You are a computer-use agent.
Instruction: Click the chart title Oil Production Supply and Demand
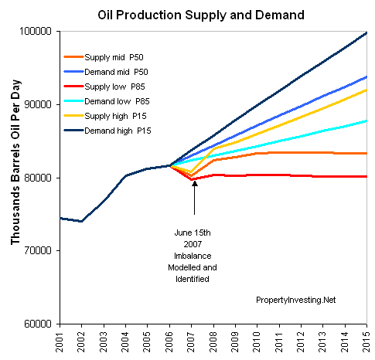pyautogui.click(x=201, y=15)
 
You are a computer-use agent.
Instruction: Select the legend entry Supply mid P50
pyautogui.click(x=104, y=57)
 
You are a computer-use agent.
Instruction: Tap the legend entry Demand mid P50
pyautogui.click(x=106, y=72)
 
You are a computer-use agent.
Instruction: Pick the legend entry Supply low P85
pyautogui.click(x=104, y=87)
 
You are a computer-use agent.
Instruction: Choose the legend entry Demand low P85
pyautogui.click(x=107, y=101)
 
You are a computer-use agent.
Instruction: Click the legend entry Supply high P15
pyautogui.click(x=105, y=116)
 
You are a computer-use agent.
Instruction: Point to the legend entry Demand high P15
pyautogui.click(x=107, y=131)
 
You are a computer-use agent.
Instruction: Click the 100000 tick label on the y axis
pyautogui.click(x=36, y=32)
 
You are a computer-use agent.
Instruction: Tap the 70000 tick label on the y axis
pyautogui.click(x=38, y=250)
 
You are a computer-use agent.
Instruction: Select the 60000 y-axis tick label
pyautogui.click(x=38, y=324)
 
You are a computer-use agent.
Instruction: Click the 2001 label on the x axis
pyautogui.click(x=60, y=342)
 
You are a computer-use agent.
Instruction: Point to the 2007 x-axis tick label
pyautogui.click(x=191, y=342)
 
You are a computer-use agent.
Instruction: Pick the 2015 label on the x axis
pyautogui.click(x=366, y=342)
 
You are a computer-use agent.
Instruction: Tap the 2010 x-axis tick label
pyautogui.click(x=257, y=342)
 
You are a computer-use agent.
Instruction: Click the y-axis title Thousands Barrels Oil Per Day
pyautogui.click(x=15, y=162)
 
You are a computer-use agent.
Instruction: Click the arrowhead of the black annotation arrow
pyautogui.click(x=195, y=183)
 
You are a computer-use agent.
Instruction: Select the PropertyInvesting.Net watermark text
pyautogui.click(x=296, y=300)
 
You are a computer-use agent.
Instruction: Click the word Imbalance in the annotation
pyautogui.click(x=193, y=256)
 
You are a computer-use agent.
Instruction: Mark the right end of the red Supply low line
pyautogui.click(x=366, y=176)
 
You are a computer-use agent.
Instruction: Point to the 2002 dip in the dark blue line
pyautogui.click(x=81, y=221)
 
